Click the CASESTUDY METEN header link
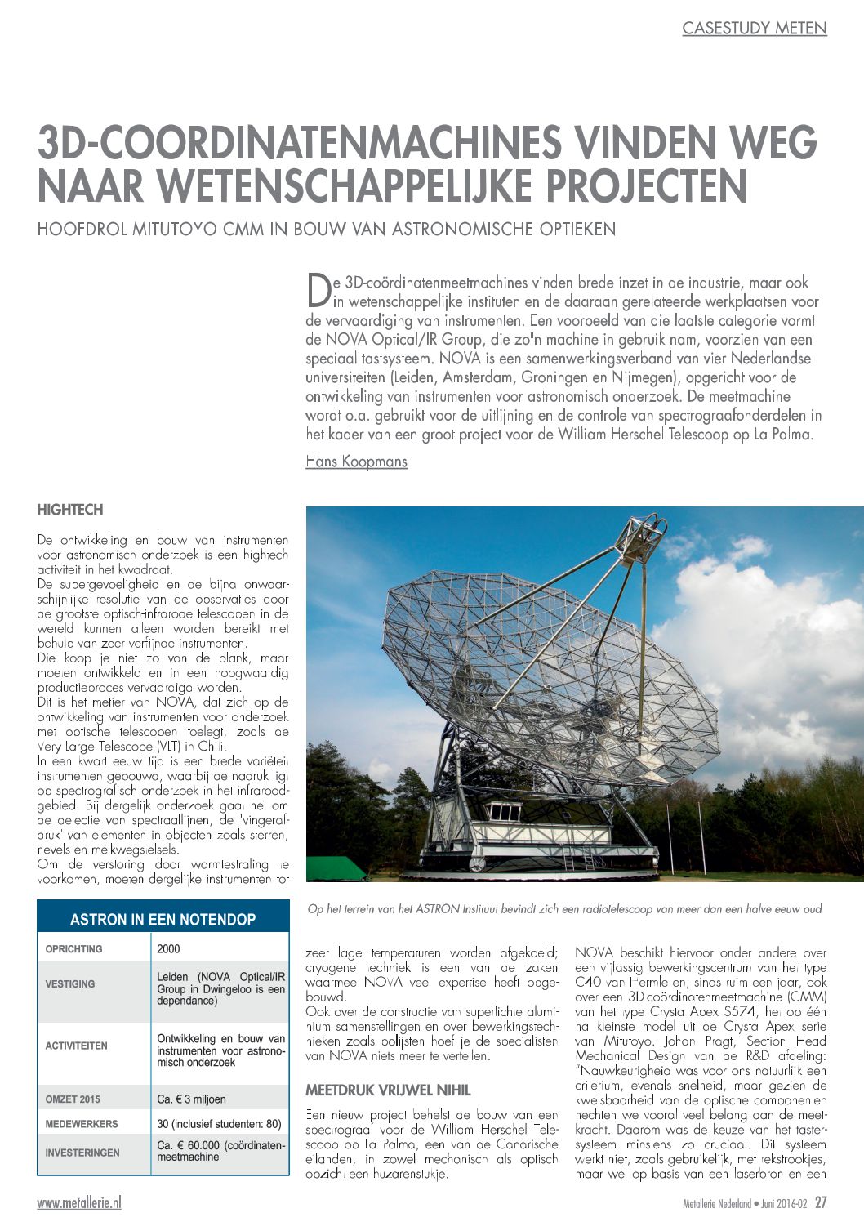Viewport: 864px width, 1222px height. (x=754, y=29)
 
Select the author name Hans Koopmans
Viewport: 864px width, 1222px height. (x=356, y=462)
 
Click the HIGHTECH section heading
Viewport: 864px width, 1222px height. (x=70, y=510)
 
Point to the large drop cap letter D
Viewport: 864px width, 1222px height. (x=318, y=288)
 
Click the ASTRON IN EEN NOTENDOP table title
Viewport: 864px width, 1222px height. (x=163, y=919)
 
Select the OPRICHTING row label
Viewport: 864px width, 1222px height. (x=74, y=949)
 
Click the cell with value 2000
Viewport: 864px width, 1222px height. (x=169, y=949)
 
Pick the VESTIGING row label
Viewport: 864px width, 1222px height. (x=70, y=984)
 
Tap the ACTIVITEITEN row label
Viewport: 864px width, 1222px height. (x=77, y=1046)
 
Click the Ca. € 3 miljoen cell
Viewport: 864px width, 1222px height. (x=192, y=1099)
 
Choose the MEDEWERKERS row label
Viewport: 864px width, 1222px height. (x=81, y=1124)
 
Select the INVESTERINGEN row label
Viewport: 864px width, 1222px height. (x=82, y=1153)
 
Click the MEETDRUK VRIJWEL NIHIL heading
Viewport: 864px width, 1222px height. (x=388, y=1090)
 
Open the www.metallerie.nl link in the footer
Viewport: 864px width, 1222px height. (x=79, y=1203)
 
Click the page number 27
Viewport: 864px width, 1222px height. (x=821, y=1203)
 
